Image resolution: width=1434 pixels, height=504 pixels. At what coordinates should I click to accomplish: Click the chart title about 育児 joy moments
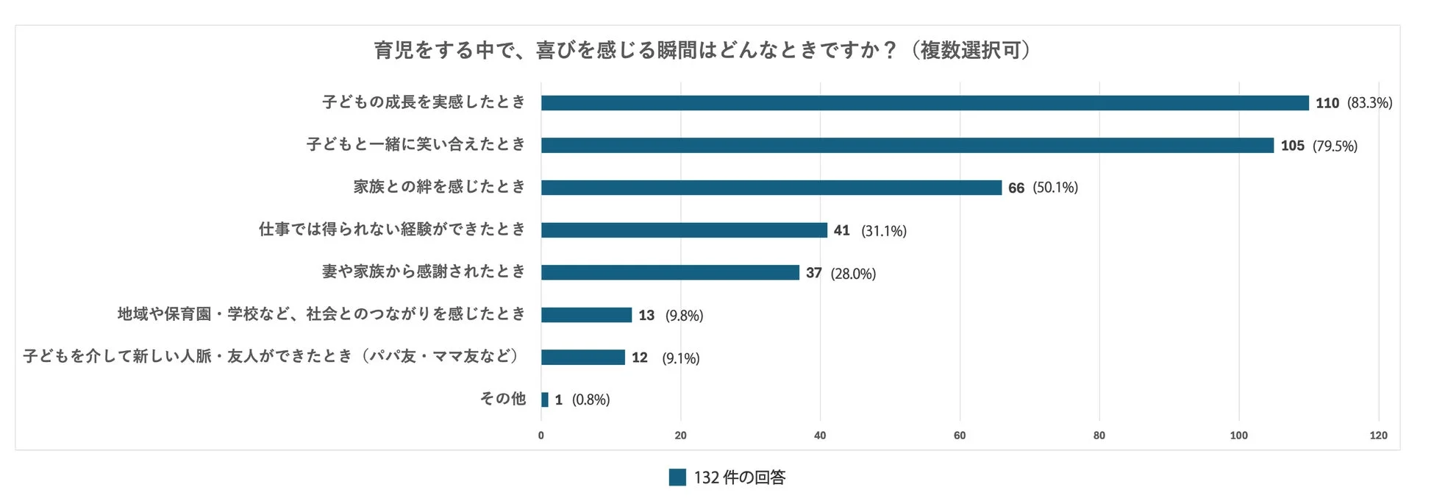tap(702, 50)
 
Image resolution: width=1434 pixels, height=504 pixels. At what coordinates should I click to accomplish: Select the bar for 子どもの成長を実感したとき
tap(924, 103)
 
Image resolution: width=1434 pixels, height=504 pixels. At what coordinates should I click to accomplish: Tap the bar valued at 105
tap(907, 146)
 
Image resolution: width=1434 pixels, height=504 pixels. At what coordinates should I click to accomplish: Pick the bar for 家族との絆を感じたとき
tap(771, 188)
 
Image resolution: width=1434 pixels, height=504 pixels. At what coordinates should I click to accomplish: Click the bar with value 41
tap(684, 230)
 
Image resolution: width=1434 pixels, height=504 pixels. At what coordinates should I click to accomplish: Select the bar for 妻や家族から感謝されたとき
tap(670, 272)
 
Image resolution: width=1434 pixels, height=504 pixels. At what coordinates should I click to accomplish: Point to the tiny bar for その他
tap(544, 400)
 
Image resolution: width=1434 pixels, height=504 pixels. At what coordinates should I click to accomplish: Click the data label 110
tap(1327, 103)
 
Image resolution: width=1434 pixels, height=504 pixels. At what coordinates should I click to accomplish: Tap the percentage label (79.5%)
tap(1335, 146)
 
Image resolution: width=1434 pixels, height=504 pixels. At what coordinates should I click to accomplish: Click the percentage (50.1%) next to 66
tap(1055, 188)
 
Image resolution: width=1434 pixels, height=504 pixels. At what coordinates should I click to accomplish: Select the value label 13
tap(646, 315)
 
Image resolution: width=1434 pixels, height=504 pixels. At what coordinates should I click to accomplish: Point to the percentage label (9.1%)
tap(680, 358)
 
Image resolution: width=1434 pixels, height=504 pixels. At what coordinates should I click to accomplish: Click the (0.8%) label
tap(591, 400)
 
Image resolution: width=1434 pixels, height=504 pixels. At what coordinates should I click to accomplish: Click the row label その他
tap(503, 399)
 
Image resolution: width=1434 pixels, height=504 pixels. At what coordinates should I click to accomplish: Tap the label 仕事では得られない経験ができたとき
tap(392, 230)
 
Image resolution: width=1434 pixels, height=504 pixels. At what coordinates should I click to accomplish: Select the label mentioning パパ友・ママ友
tap(272, 356)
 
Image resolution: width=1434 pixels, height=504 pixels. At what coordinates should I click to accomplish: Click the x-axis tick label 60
tap(959, 435)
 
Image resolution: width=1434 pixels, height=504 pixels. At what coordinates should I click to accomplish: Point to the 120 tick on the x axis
tap(1377, 435)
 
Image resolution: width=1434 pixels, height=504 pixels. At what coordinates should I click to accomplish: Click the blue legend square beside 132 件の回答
tap(677, 478)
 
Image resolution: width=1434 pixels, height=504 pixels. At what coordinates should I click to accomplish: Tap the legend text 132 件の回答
tap(739, 478)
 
